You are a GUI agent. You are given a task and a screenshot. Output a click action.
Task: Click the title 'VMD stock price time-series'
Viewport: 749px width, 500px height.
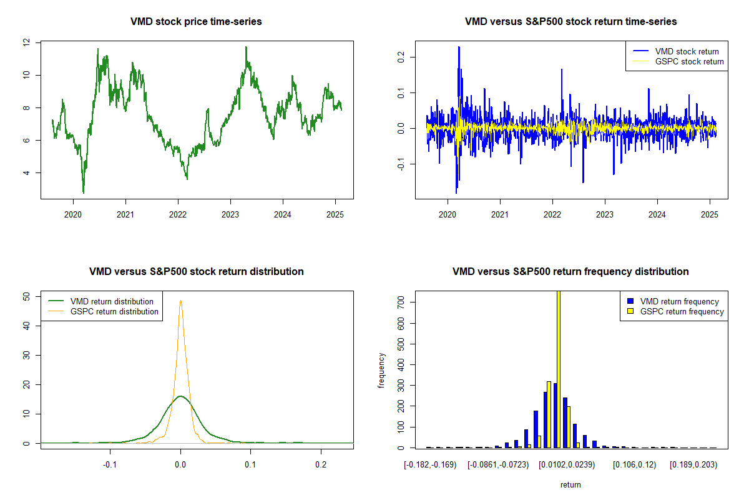196,21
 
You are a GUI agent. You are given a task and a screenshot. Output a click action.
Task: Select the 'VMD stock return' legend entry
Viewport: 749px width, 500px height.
687,51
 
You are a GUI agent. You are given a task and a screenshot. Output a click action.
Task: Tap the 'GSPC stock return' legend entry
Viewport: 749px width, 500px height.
689,61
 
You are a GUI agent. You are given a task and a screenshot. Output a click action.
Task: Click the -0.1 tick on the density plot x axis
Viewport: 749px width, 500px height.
110,464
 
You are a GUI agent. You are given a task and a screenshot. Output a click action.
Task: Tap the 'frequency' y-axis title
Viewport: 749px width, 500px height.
381,371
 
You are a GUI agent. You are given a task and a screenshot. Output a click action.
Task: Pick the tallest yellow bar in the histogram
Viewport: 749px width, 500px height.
558,369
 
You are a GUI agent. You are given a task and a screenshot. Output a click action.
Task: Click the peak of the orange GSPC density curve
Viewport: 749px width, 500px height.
180,301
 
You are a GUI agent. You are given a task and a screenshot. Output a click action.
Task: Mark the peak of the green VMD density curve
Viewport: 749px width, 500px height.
180,396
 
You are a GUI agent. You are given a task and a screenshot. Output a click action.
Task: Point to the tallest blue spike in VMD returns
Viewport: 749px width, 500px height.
459,47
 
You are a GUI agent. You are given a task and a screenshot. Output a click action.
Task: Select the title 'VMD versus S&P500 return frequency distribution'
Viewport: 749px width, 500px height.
570,271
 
